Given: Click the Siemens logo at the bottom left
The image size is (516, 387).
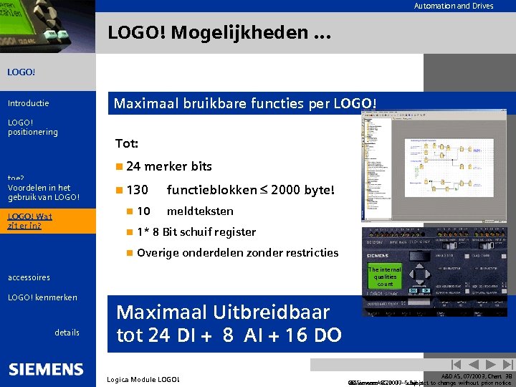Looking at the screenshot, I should pyautogui.click(x=46, y=369).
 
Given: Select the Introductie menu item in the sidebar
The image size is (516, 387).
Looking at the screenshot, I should pyautogui.click(x=28, y=103).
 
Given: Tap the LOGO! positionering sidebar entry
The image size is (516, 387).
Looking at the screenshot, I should pyautogui.click(x=32, y=127).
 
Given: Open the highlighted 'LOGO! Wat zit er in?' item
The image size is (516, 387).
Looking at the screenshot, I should pyautogui.click(x=29, y=221).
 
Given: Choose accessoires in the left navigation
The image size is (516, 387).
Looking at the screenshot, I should pyautogui.click(x=29, y=277).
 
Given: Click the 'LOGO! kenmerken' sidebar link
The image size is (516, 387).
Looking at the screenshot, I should pyautogui.click(x=42, y=297).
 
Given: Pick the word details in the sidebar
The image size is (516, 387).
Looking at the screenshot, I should pyautogui.click(x=67, y=333).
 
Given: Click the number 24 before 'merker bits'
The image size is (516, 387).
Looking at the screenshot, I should pyautogui.click(x=133, y=166).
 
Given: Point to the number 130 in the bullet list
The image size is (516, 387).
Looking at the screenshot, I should pyautogui.click(x=137, y=190).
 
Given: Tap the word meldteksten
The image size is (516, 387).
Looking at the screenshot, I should pyautogui.click(x=200, y=211).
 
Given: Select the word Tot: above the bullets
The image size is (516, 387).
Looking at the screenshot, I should pyautogui.click(x=127, y=143).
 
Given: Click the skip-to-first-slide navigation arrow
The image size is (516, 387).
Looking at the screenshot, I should pyautogui.click(x=454, y=365).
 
